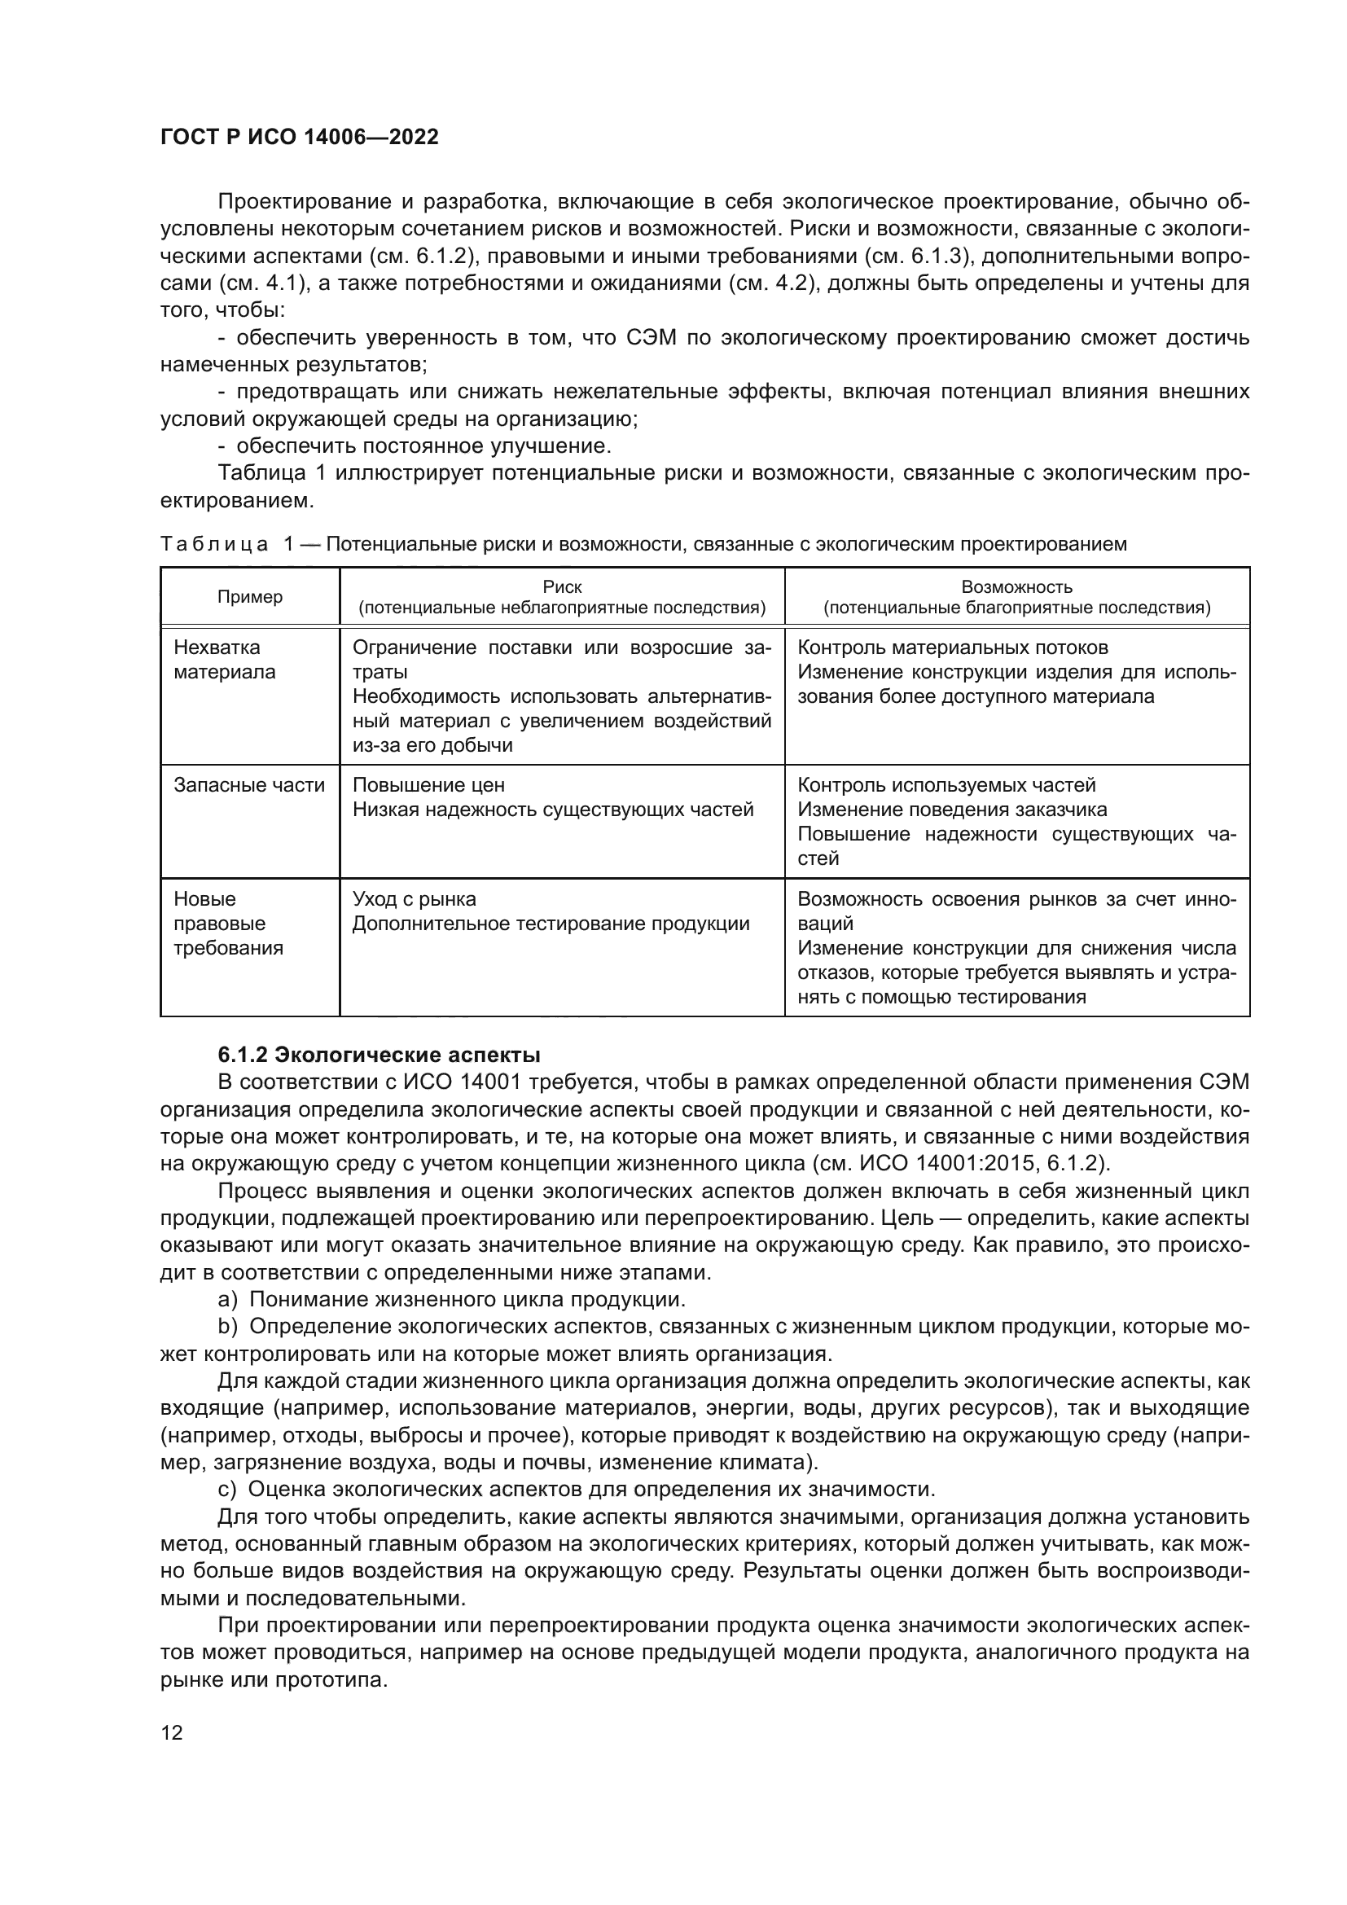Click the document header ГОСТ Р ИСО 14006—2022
click(x=299, y=138)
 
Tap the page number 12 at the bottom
click(x=172, y=1733)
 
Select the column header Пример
click(x=250, y=596)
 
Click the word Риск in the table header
click(x=562, y=586)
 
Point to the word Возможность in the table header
click(x=1016, y=586)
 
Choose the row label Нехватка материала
click(x=224, y=660)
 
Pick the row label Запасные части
click(x=249, y=785)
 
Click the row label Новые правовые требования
click(x=228, y=924)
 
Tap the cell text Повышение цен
click(x=428, y=785)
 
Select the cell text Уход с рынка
click(x=414, y=899)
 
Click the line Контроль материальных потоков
click(x=952, y=647)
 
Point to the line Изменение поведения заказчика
click(x=951, y=809)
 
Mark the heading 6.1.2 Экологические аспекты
click(x=379, y=1056)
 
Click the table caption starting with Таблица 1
click(x=643, y=544)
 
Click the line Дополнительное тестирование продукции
click(x=551, y=924)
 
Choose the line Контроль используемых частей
click(x=946, y=785)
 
